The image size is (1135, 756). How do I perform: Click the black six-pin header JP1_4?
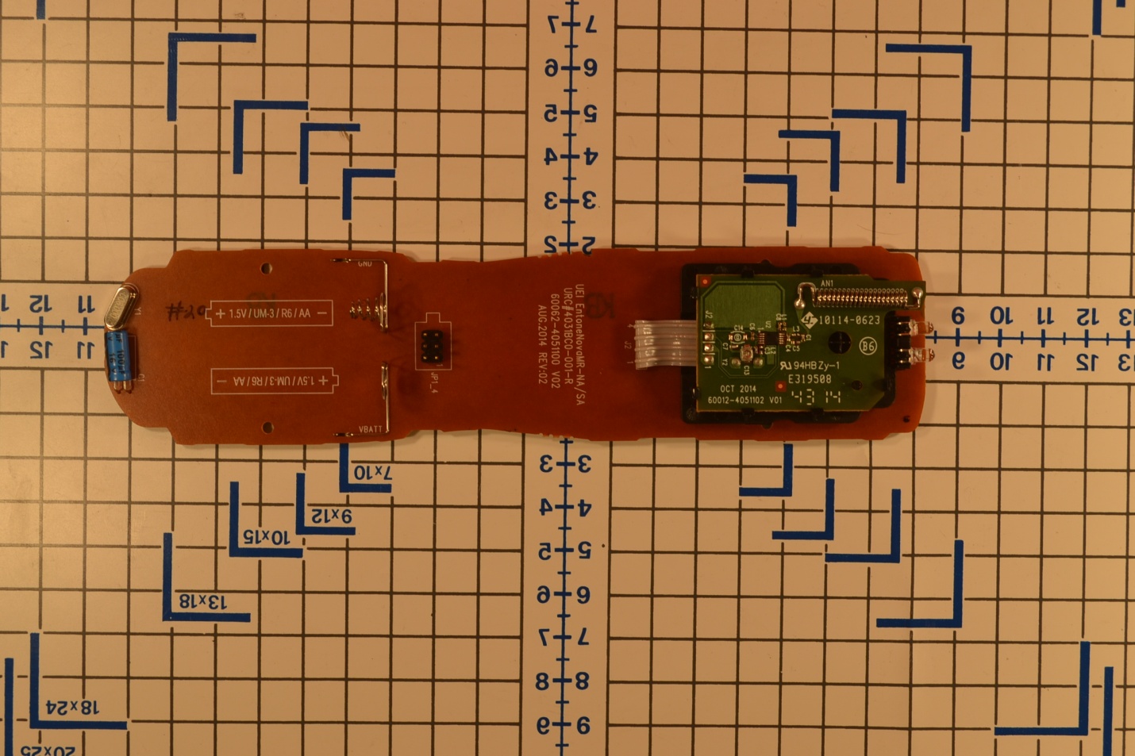pyautogui.click(x=433, y=346)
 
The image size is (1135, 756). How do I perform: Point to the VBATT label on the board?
pyautogui.click(x=370, y=429)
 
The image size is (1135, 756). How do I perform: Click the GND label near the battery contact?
pyautogui.click(x=364, y=263)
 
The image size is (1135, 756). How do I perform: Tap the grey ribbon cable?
pyautogui.click(x=658, y=341)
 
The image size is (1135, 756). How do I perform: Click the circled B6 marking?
pyautogui.click(x=868, y=346)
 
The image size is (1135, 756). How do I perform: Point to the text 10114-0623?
pyautogui.click(x=848, y=320)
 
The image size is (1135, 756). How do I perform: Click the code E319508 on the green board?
pyautogui.click(x=809, y=379)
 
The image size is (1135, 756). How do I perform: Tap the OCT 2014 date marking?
pyautogui.click(x=738, y=389)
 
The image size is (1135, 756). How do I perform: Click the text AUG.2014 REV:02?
pyautogui.click(x=544, y=346)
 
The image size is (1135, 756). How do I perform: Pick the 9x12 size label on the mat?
pyautogui.click(x=331, y=516)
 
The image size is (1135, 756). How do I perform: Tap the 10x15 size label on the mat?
pyautogui.click(x=266, y=537)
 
